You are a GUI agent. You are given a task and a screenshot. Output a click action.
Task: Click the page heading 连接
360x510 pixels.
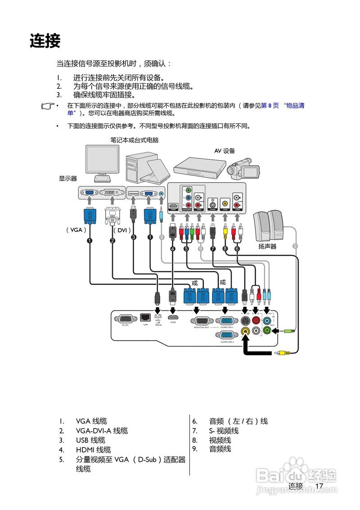[45, 41]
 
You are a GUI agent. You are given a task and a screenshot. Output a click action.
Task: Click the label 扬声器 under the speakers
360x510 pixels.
[267, 247]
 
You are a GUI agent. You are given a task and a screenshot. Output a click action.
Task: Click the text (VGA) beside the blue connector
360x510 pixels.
[74, 230]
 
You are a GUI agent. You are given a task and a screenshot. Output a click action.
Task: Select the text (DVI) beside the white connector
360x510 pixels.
[121, 230]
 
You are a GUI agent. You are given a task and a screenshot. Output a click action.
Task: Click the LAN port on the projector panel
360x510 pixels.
[145, 318]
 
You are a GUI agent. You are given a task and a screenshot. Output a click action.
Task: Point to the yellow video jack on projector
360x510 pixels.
[245, 331]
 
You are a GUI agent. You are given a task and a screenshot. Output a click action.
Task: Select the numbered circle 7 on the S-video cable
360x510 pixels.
[213, 249]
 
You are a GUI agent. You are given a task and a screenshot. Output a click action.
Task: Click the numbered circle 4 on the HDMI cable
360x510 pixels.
[173, 249]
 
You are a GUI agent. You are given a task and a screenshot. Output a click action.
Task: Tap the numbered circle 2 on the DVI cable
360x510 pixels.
[112, 241]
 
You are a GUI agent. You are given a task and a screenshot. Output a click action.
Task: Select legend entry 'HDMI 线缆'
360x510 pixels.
[93, 450]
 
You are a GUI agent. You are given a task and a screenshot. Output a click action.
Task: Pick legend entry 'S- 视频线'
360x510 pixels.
[224, 431]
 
